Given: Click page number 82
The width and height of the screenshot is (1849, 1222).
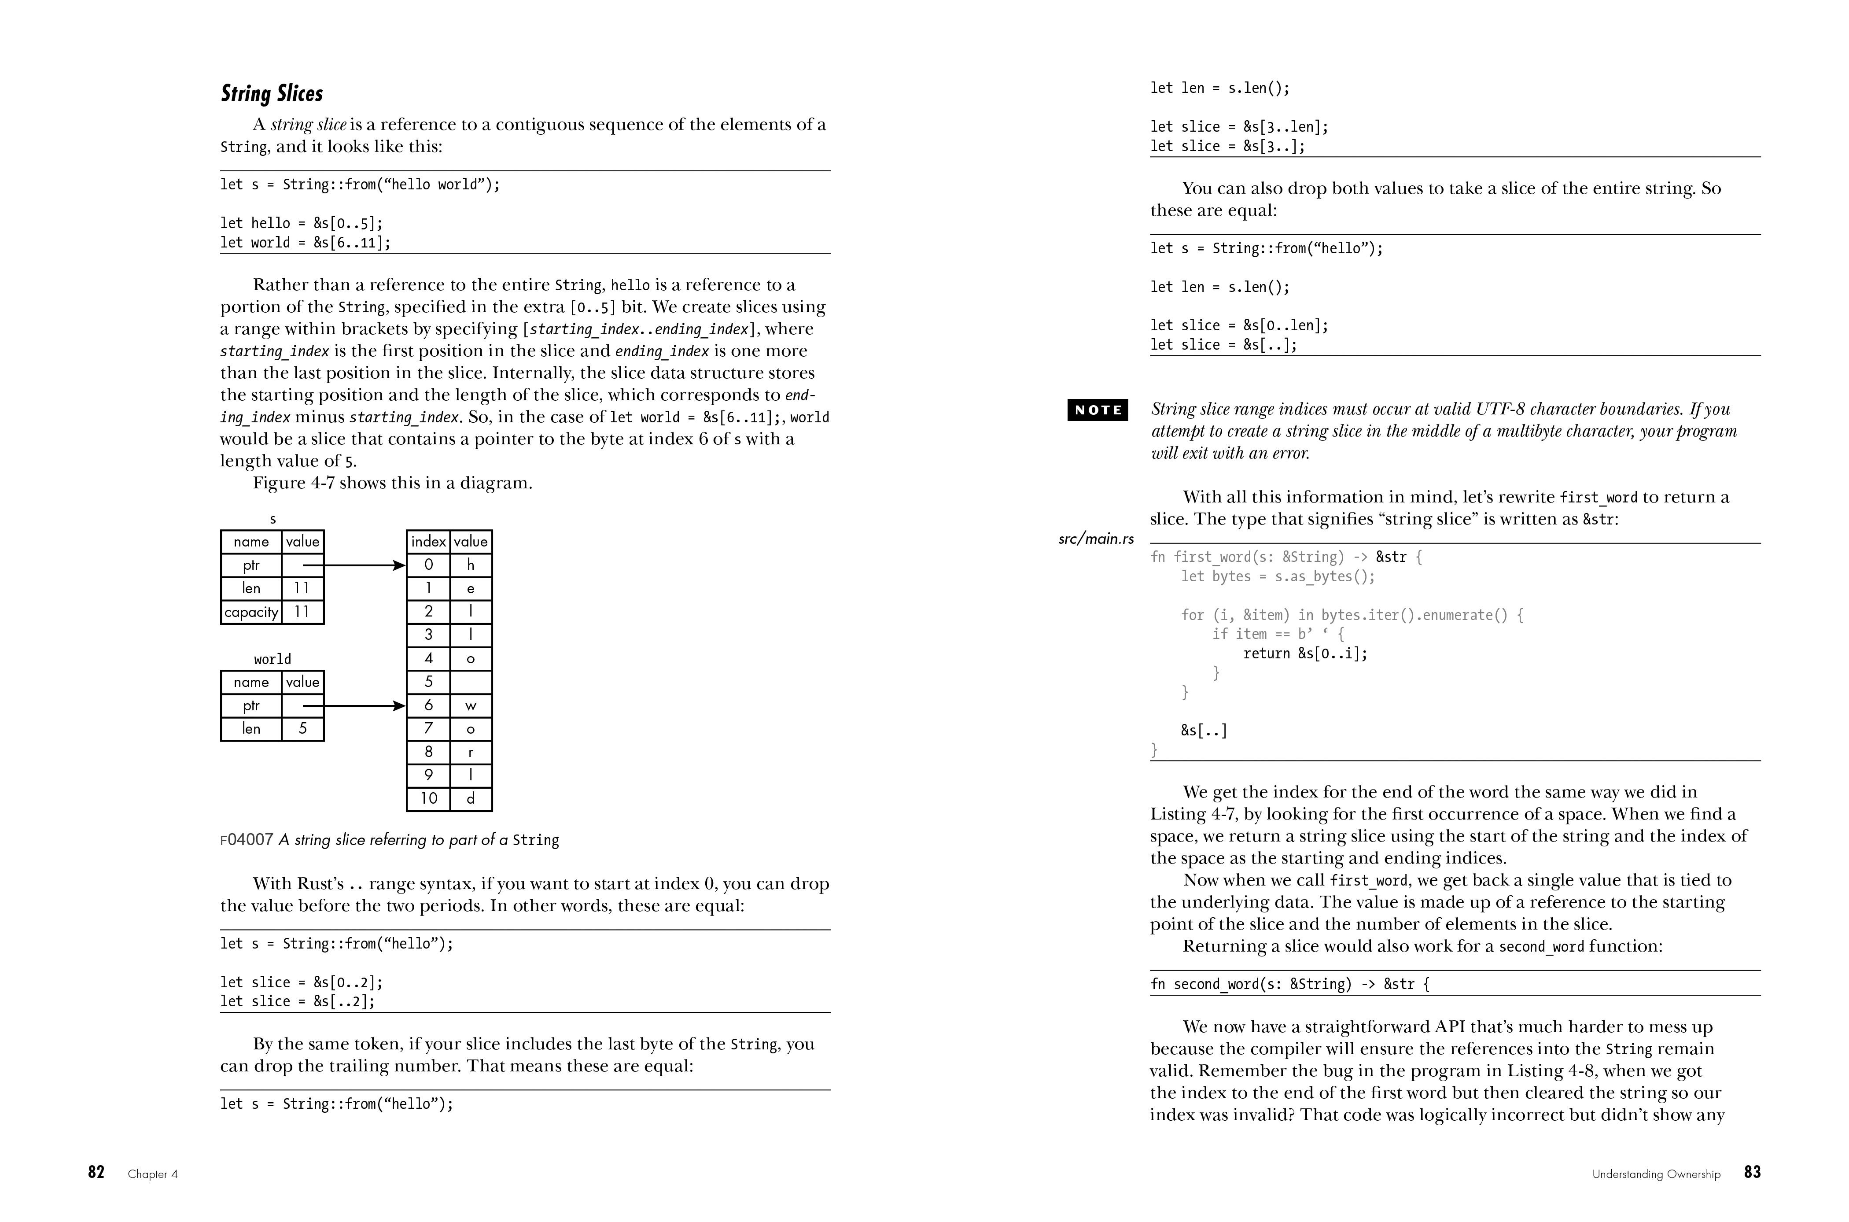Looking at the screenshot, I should point(96,1172).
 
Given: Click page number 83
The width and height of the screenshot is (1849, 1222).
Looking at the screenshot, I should point(1752,1172).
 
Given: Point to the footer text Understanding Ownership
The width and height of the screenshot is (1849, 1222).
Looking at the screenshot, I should point(1656,1174).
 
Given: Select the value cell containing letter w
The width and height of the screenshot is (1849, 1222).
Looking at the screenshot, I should point(471,706).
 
